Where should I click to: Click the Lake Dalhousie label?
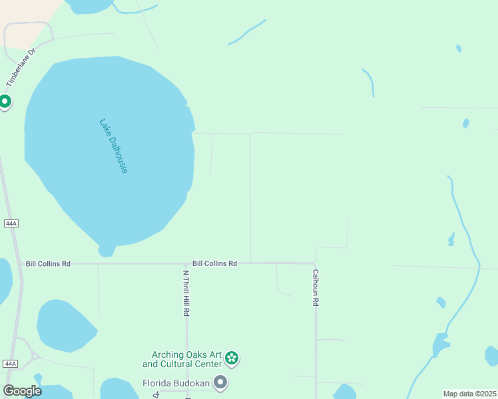[113, 146]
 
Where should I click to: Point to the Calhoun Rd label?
[316, 287]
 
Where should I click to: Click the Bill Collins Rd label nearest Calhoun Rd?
[214, 264]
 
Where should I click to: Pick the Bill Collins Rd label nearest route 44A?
[48, 264]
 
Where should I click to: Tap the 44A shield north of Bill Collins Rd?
[10, 223]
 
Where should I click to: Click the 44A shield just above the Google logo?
[10, 364]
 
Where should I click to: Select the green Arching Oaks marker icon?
[232, 359]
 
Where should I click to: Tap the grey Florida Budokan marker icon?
[220, 383]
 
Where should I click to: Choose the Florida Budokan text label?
[176, 384]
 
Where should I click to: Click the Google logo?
[22, 391]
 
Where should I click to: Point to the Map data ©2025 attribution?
[469, 394]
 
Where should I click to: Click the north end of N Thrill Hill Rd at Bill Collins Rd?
[186, 264]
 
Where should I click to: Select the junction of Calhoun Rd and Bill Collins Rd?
[316, 264]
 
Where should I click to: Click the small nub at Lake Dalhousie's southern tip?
[106, 251]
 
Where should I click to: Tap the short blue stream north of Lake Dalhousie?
[246, 32]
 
